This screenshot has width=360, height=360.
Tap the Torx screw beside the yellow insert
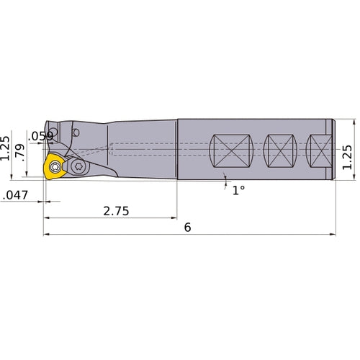78,167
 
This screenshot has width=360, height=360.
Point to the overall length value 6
187,227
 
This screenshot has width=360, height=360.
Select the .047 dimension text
15,194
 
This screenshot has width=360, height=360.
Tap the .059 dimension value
40,135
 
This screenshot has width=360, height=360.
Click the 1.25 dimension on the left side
6,148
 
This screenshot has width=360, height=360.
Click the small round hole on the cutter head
77,132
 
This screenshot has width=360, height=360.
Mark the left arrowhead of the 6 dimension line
46,234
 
